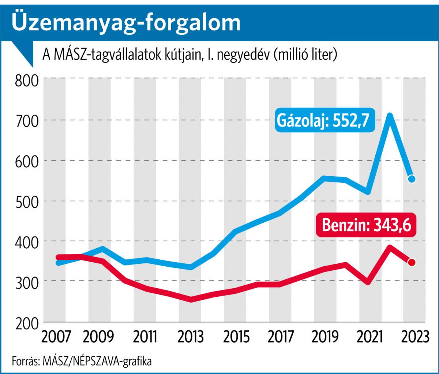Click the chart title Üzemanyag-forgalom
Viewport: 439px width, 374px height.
pos(126,23)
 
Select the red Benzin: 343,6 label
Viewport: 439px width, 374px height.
pos(366,225)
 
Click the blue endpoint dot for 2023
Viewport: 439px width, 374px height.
pos(412,179)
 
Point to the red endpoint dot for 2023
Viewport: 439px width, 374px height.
pos(412,262)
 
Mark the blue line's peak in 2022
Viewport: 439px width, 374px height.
pos(390,116)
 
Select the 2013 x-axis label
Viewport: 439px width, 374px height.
pos(190,336)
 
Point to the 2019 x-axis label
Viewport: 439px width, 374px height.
pos(325,336)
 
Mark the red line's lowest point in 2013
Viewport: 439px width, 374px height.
pos(191,300)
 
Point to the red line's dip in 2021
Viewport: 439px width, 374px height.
pos(367,282)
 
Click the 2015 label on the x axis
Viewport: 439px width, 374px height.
pos(234,336)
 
